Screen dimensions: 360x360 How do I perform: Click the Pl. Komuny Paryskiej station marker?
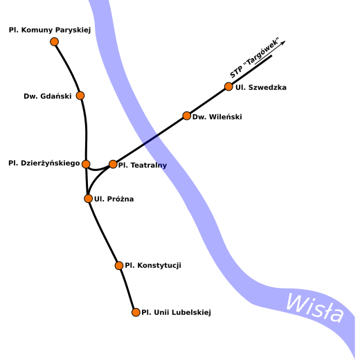[54, 42]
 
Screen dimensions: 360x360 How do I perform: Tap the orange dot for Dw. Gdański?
[80, 96]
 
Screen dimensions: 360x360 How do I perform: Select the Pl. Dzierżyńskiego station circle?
[86, 164]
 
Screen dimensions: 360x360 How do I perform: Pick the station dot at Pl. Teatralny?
[113, 164]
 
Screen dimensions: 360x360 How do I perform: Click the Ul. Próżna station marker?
[88, 199]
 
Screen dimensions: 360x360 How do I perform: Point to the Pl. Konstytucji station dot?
[119, 266]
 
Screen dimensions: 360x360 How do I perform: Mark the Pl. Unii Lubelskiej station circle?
[136, 312]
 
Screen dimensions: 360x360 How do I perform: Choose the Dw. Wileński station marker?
[187, 116]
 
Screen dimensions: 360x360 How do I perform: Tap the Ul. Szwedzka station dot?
[228, 87]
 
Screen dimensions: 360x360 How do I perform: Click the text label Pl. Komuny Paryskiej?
[50, 30]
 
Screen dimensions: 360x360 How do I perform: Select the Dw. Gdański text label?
[48, 96]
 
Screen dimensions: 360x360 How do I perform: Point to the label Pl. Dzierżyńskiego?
[44, 163]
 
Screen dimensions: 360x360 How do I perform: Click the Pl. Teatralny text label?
[143, 165]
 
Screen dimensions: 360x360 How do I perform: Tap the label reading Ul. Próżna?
[114, 199]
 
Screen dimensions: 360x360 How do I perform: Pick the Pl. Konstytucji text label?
[153, 266]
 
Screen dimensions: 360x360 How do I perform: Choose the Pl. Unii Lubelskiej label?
[176, 312]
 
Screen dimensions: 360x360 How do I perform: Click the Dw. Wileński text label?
[217, 117]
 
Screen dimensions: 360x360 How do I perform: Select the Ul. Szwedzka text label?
[261, 87]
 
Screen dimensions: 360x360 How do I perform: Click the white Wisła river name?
[315, 308]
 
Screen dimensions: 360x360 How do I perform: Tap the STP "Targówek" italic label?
[255, 57]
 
